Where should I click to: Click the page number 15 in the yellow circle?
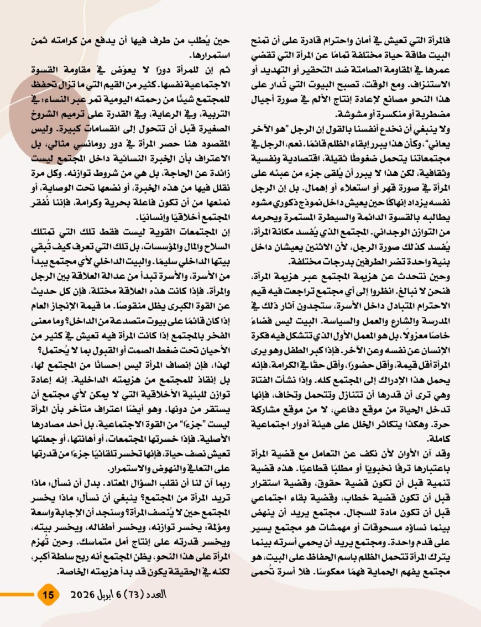(x=48, y=595)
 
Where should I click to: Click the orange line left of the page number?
(x=17, y=595)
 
